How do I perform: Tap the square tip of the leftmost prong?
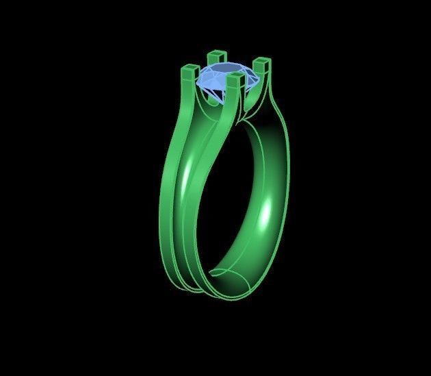coord(189,69)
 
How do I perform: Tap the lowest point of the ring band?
coord(233,299)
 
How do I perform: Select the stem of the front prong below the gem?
coord(235,103)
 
